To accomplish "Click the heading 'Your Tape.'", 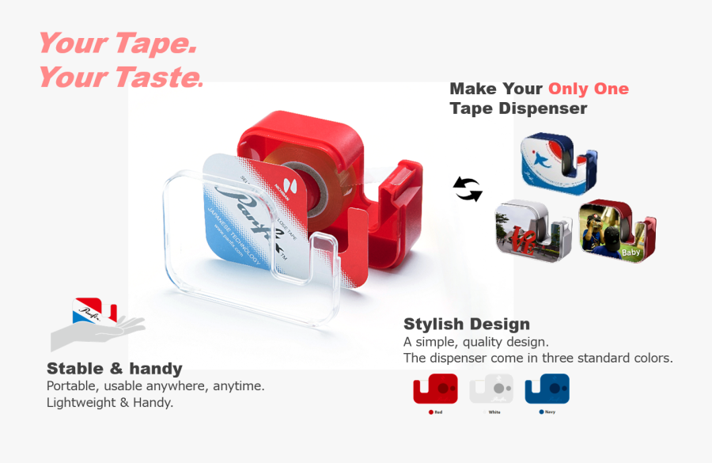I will point(117,44).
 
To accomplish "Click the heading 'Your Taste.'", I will point(120,78).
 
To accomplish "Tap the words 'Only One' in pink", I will point(588,89).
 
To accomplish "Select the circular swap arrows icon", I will point(468,190).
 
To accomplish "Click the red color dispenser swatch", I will point(435,389).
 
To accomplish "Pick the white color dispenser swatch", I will point(491,389).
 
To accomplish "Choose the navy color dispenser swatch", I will point(547,389).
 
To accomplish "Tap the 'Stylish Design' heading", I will point(466,324).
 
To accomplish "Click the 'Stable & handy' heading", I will point(114,368).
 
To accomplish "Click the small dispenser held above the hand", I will point(94,310).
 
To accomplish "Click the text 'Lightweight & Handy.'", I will point(110,402).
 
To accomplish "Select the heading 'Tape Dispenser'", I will point(518,108).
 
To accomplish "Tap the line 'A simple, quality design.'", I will point(475,342).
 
